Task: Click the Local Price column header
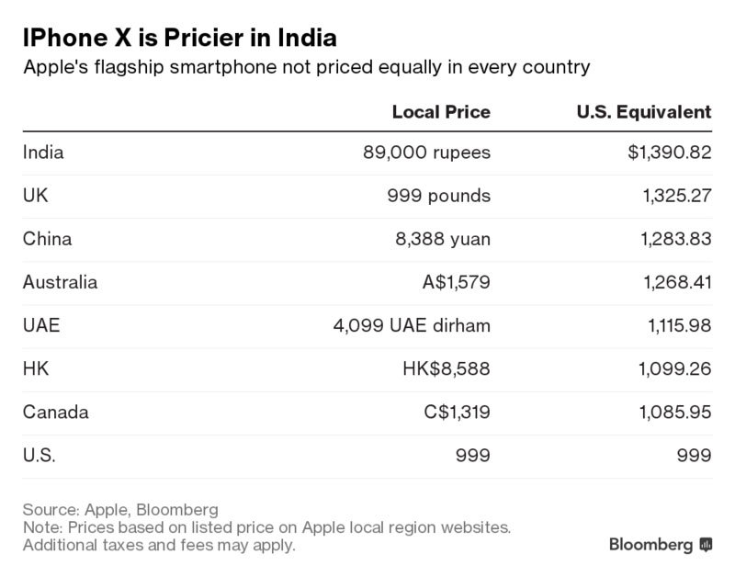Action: tap(441, 112)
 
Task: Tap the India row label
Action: tap(43, 153)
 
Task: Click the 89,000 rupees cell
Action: tap(427, 153)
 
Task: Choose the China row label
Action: tap(47, 239)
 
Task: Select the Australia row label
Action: tap(60, 282)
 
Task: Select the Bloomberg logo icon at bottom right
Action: tap(706, 544)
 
